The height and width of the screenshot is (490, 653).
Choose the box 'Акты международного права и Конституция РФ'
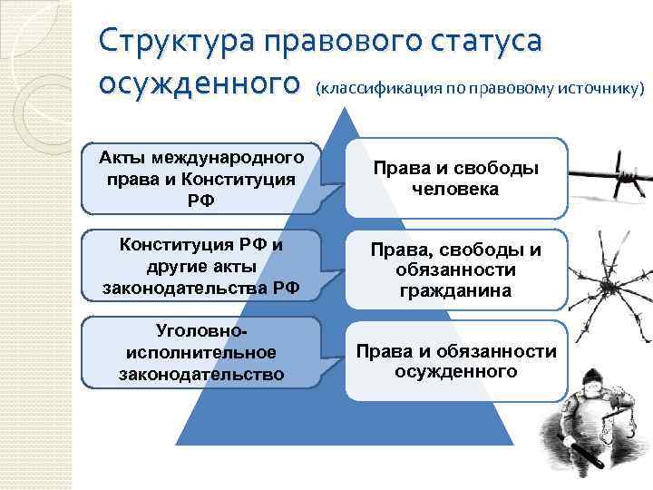(x=200, y=178)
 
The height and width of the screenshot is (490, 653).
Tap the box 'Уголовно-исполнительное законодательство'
(x=200, y=352)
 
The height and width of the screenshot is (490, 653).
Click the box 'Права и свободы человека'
(x=455, y=179)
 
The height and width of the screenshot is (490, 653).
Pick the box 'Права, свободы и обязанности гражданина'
(x=455, y=269)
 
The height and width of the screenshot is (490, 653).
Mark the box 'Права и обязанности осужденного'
(x=455, y=360)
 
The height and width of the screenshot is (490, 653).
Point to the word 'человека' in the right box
(x=455, y=190)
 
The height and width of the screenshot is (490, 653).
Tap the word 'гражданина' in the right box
(x=455, y=291)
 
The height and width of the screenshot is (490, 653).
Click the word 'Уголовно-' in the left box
(x=200, y=331)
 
